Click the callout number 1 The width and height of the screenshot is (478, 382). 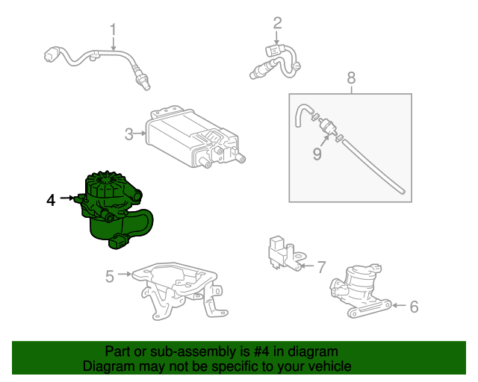tap(114, 31)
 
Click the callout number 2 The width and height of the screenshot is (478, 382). tap(276, 22)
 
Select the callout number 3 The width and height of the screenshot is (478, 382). tap(128, 134)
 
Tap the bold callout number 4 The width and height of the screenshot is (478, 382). tap(51, 199)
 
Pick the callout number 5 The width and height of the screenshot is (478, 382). tap(110, 277)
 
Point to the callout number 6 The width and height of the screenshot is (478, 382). tap(414, 305)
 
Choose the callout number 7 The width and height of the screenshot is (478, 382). tap(321, 266)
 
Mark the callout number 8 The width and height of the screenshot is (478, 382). tap(351, 78)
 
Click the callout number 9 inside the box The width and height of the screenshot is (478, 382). tap(317, 154)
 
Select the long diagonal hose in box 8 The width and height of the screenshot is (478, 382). tap(373, 168)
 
